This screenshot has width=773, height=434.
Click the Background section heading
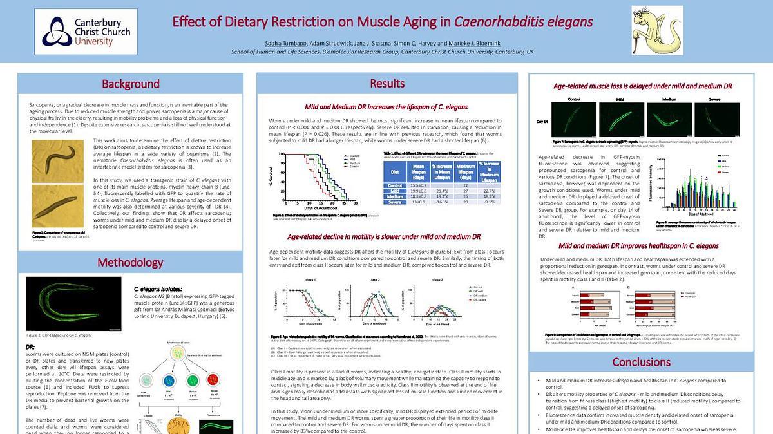coord(131,84)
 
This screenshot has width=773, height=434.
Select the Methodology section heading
coord(131,262)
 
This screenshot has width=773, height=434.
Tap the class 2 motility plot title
coord(374,280)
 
